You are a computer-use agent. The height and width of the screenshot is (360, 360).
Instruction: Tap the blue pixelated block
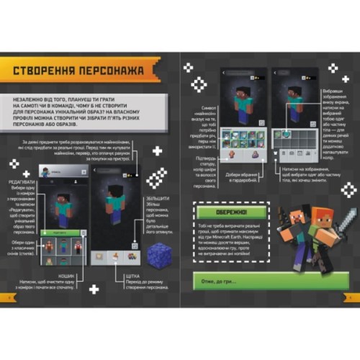(x=158, y=256)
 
